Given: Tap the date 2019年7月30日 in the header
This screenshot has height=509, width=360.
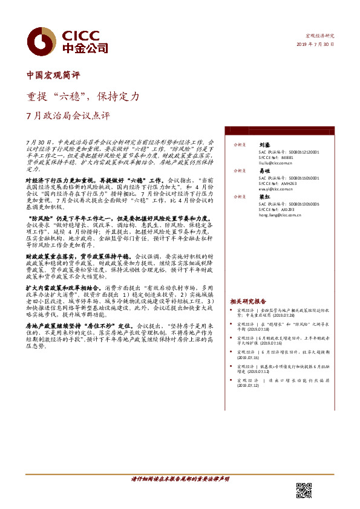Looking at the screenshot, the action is coord(315,45).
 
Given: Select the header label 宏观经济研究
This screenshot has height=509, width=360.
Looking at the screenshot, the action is coord(321,36).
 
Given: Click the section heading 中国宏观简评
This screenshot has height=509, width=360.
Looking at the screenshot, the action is coord(53,76).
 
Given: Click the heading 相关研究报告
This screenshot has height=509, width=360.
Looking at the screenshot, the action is coord(248,301).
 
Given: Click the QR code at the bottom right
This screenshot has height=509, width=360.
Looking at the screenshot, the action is coord(304,490).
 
